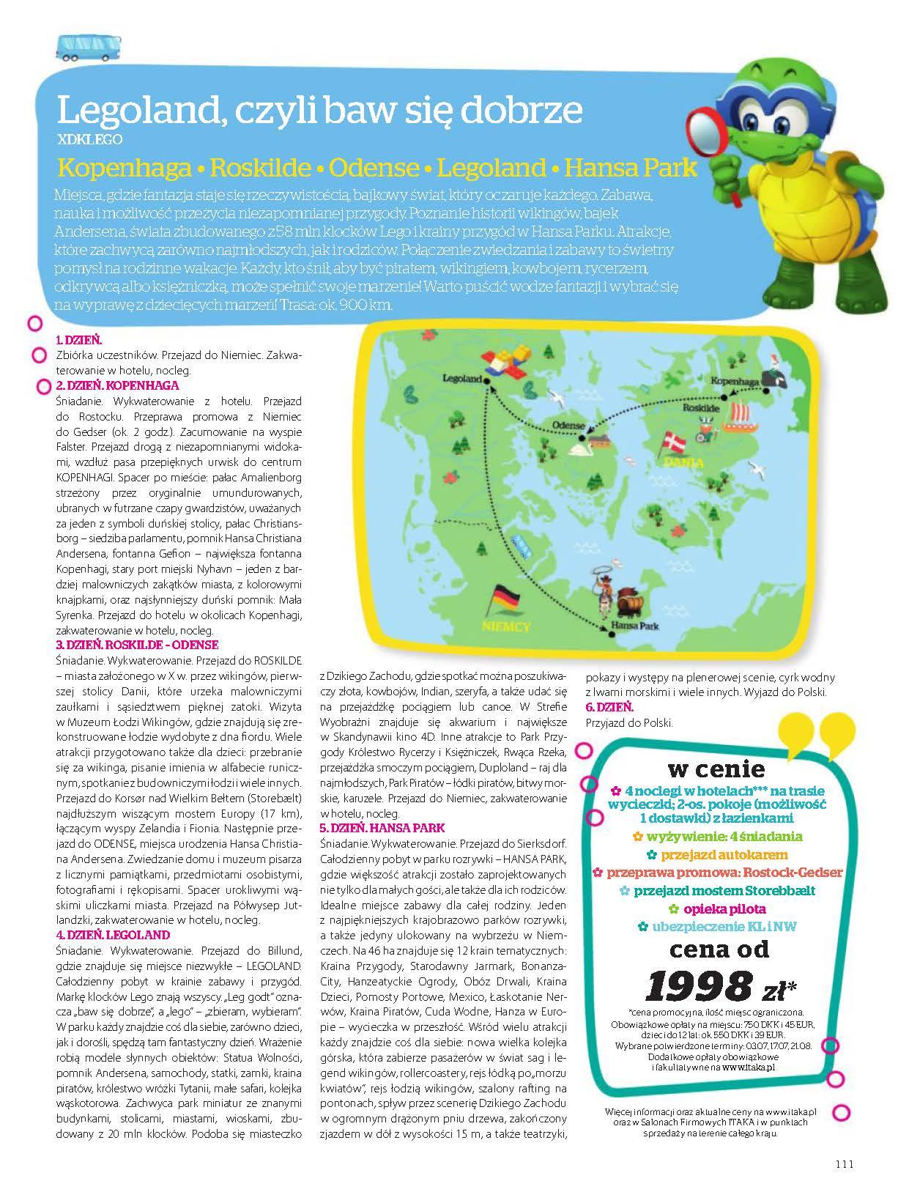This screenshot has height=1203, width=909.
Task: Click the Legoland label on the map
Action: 463,379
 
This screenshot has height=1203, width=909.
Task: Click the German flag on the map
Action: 505,599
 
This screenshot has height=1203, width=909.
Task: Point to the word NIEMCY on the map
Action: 506,627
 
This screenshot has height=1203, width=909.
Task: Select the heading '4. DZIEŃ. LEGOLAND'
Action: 113,935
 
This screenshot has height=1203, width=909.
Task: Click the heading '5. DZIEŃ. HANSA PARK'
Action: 382,828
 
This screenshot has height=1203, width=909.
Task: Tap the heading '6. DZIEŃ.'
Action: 609,707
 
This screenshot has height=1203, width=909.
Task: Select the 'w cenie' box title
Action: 716,769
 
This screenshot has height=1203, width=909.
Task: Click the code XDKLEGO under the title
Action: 89,138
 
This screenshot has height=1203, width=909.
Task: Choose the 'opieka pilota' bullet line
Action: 716,908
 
